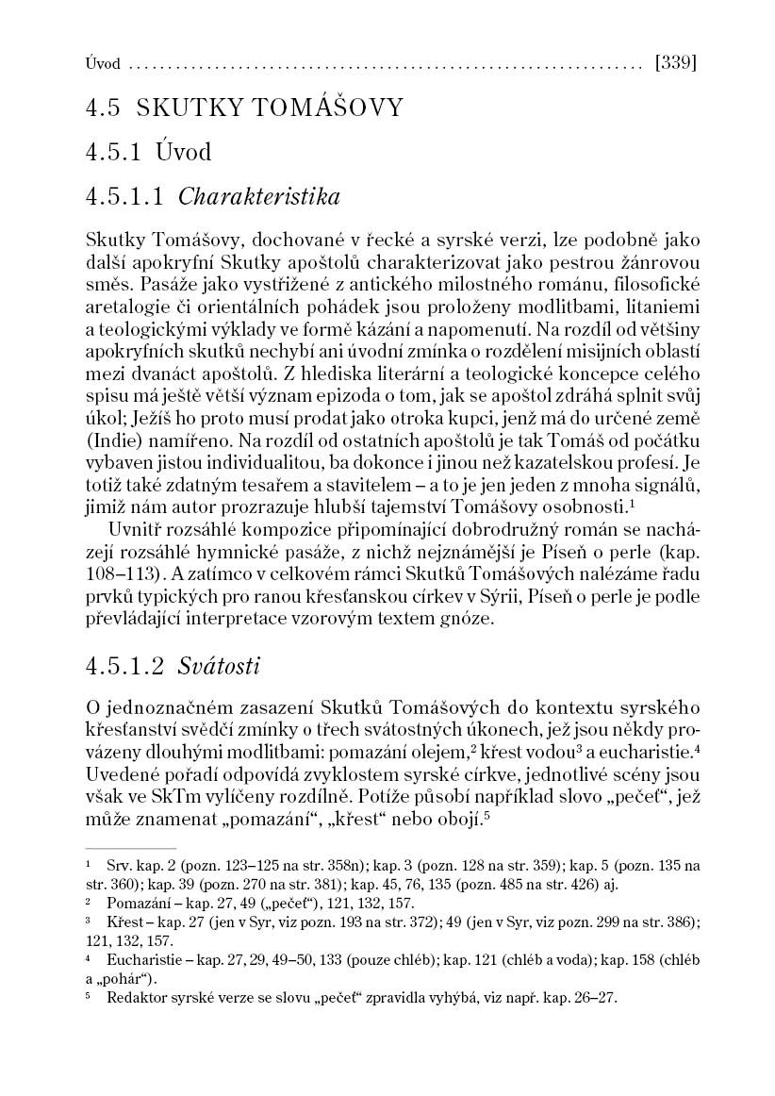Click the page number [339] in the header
[674, 64]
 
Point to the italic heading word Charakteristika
[259, 197]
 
